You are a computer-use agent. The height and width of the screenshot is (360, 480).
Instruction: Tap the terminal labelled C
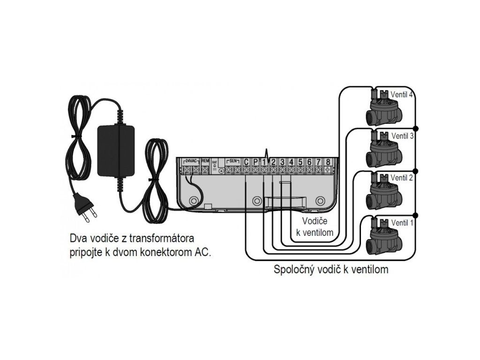[246, 162]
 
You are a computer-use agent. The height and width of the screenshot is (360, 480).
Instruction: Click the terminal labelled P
[255, 162]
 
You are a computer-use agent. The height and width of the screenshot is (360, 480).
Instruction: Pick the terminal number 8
[328, 162]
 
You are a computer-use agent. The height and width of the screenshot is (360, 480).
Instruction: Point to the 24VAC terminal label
[191, 161]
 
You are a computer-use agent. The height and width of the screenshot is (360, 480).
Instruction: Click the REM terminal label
[205, 161]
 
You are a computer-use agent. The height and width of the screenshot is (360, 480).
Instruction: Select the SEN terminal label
[232, 161]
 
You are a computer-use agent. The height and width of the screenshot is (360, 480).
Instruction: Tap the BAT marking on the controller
[215, 162]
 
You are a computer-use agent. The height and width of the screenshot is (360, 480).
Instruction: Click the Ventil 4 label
[402, 94]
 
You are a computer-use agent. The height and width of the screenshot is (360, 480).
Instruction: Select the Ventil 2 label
[402, 178]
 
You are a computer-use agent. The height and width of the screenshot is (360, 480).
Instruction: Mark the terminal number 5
[300, 162]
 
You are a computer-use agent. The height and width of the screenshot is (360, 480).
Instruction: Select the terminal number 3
[282, 162]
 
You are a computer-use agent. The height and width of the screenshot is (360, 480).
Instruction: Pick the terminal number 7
[318, 162]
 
